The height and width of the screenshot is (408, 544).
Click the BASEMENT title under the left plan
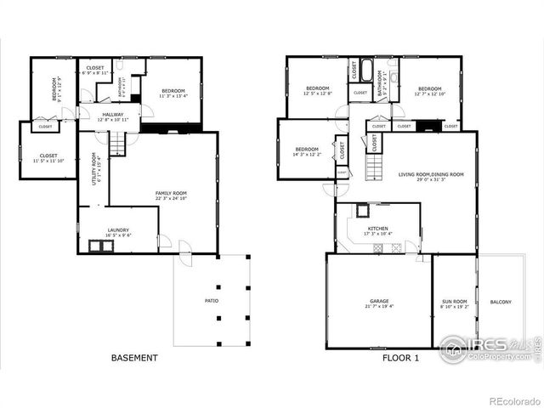(x=134, y=358)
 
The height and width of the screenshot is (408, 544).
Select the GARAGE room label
(x=379, y=303)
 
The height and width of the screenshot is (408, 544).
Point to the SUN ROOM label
(x=455, y=303)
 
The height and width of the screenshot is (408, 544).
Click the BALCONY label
(x=501, y=302)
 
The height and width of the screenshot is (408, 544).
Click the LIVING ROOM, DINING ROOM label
(x=431, y=176)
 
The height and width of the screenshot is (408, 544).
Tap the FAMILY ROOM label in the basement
(x=171, y=195)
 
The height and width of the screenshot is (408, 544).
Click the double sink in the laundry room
(x=102, y=246)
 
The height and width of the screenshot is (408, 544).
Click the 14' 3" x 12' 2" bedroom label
(x=306, y=151)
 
